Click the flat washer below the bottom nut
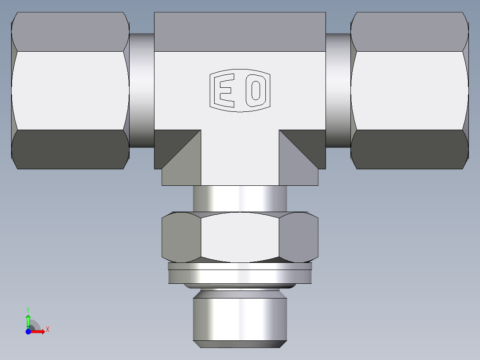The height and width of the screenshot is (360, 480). (x=240, y=275)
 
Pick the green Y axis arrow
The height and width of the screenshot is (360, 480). (x=28, y=321)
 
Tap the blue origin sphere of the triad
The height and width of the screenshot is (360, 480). (x=28, y=331)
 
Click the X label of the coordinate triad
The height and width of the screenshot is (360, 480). (x=48, y=330)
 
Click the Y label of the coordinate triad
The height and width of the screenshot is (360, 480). (x=28, y=309)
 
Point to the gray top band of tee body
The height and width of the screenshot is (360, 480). (x=240, y=32)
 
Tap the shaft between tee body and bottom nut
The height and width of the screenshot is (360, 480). (x=240, y=198)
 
